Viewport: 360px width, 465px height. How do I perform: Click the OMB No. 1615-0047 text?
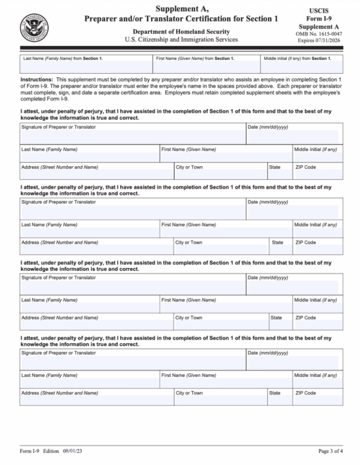point(318,34)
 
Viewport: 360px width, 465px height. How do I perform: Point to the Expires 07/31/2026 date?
point(318,41)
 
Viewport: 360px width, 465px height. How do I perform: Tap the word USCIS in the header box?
point(318,10)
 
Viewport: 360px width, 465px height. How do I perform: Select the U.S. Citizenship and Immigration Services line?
point(181,39)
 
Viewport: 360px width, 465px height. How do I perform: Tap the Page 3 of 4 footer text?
point(331,451)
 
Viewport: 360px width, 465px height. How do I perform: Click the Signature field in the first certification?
point(132,137)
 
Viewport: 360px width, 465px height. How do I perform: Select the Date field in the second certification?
point(292,212)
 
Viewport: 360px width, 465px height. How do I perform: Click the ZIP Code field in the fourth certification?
point(317,401)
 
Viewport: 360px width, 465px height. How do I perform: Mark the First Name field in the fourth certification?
point(225,383)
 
